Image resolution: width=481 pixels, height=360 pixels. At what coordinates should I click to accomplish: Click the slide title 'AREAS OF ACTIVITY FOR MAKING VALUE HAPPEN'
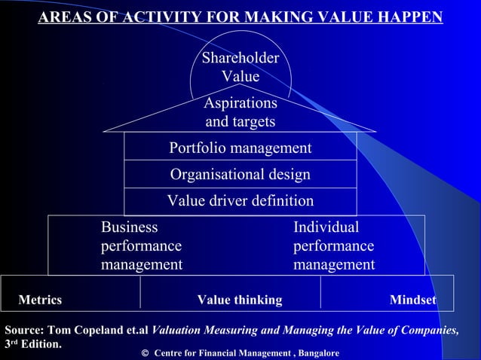pos(240,17)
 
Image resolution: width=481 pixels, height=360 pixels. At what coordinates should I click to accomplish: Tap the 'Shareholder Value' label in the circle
pos(240,67)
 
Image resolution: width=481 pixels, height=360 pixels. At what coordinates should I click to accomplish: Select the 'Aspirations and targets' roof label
pos(240,112)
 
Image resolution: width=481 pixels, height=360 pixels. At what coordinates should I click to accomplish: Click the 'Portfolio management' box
pos(240,148)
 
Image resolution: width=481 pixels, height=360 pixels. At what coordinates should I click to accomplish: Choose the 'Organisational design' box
pos(240,175)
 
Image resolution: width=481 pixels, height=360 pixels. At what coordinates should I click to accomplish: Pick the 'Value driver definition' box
pos(240,201)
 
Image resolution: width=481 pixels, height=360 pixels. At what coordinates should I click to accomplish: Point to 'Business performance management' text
pos(142,246)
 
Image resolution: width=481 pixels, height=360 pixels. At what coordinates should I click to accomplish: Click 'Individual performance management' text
pos(333,246)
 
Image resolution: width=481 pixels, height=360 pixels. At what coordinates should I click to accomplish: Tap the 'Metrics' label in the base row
pos(40,301)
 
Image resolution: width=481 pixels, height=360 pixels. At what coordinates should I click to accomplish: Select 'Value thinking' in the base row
pos(240,301)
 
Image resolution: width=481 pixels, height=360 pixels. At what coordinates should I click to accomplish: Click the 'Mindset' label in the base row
pos(412,301)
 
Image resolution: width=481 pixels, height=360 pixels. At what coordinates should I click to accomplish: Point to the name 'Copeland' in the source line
pos(93,330)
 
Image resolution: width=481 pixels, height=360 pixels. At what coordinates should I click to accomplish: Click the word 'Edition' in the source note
pos(40,345)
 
